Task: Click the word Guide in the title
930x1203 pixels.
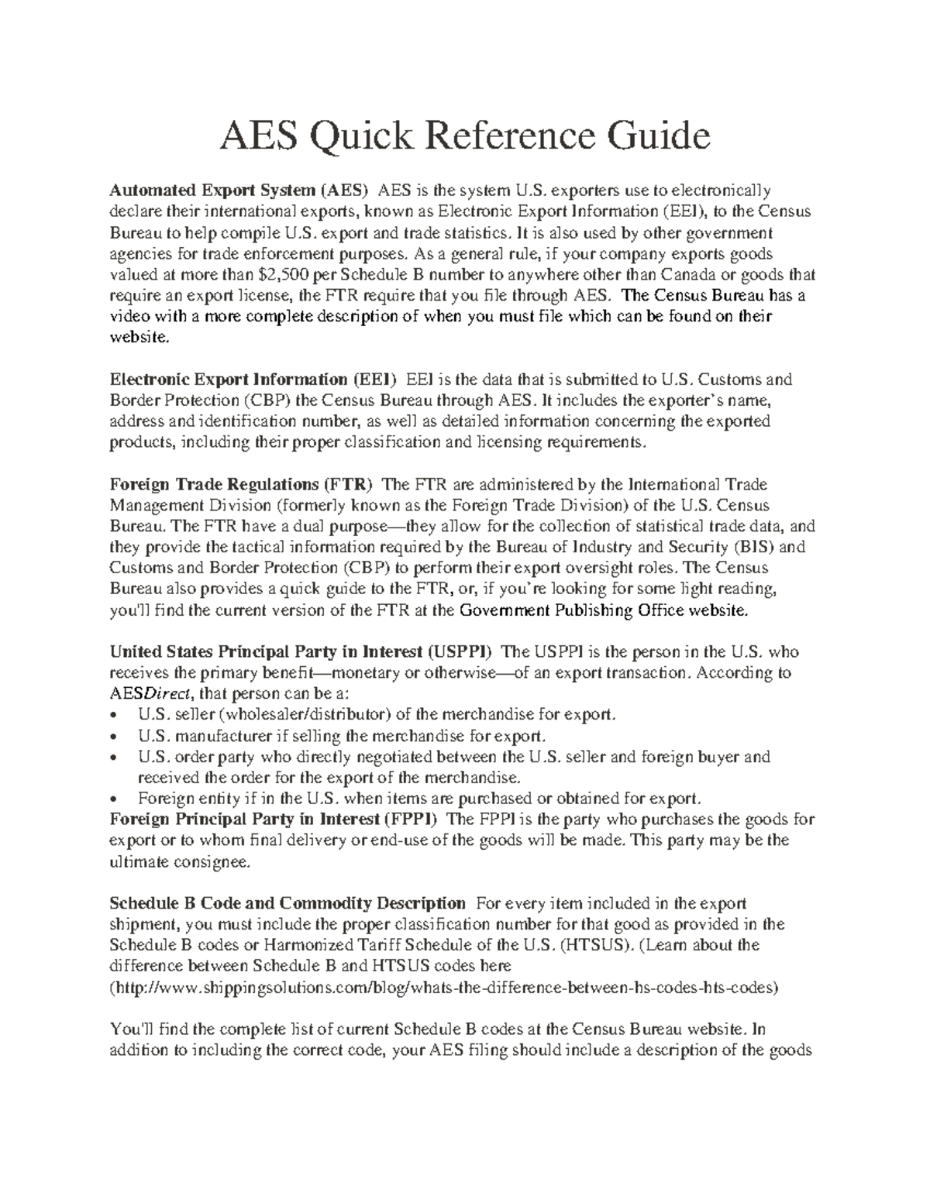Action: [x=659, y=137]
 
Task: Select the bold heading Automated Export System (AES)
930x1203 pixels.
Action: [x=240, y=191]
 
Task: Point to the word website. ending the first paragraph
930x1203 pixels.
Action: [x=138, y=337]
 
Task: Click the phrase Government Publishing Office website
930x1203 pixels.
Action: [x=604, y=610]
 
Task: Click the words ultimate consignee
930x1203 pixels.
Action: [x=180, y=861]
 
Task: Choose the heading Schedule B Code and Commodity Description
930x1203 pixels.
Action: [x=288, y=903]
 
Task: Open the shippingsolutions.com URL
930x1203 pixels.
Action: [x=445, y=988]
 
